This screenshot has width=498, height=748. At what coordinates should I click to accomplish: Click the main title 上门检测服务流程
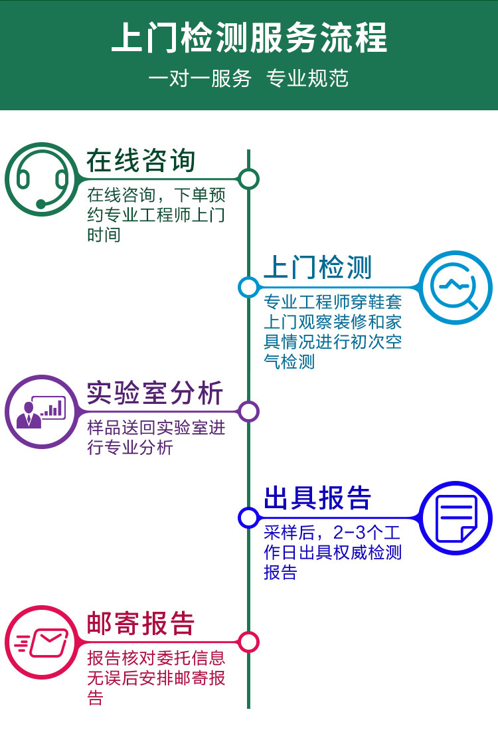tap(249, 38)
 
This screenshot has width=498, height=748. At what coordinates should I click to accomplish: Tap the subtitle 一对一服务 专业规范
tap(249, 78)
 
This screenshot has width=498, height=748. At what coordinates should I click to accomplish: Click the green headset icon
tap(42, 179)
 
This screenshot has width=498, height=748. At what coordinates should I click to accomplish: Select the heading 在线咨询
tap(141, 161)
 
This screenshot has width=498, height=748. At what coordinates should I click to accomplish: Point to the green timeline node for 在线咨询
tap(248, 179)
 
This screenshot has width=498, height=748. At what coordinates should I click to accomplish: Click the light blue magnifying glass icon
tap(456, 287)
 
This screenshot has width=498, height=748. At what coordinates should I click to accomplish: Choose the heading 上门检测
tap(318, 267)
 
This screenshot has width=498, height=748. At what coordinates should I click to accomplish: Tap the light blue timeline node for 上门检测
tap(248, 287)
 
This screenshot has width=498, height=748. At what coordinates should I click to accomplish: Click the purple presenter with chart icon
tap(42, 412)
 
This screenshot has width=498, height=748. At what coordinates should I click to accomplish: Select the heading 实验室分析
tap(155, 393)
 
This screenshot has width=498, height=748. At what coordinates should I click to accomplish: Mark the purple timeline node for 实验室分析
tap(248, 412)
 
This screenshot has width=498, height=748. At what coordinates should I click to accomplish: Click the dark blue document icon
tap(456, 517)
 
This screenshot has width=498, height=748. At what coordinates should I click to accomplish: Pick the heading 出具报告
tap(318, 498)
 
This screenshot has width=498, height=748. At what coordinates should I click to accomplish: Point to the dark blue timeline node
tap(248, 517)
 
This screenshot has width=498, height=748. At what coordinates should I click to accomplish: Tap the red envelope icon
tap(42, 642)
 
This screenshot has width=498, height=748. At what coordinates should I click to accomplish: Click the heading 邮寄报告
tap(141, 624)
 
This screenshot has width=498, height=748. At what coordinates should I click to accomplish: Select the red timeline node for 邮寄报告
tap(248, 642)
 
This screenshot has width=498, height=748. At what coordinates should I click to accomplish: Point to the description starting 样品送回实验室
tap(156, 437)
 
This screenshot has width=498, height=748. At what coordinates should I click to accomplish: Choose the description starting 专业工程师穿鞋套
tap(333, 331)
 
